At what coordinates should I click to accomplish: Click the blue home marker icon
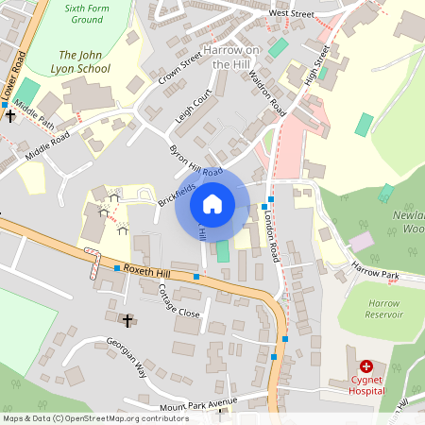pos(212,203)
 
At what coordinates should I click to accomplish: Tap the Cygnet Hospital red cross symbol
pos(365,365)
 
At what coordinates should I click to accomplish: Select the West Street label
pos(291,14)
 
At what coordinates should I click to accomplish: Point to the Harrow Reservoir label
pos(383,308)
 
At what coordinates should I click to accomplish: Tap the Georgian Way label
pos(127,358)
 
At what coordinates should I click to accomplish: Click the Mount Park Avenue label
pos(199,404)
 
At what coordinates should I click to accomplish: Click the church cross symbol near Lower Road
pos(10,115)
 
